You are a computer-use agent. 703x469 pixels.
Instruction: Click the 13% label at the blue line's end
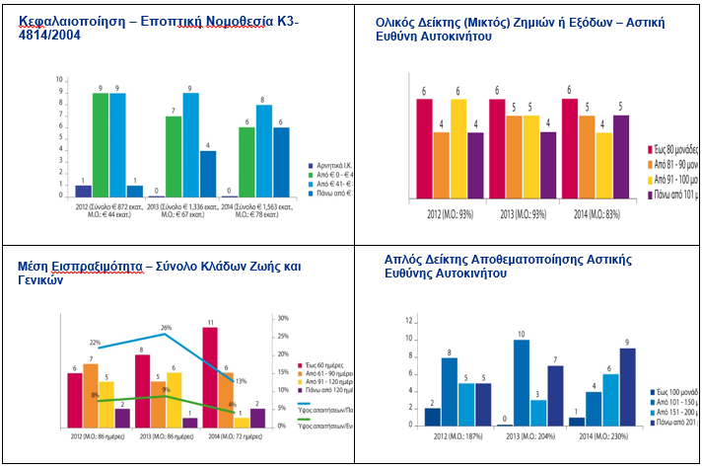click(x=241, y=381)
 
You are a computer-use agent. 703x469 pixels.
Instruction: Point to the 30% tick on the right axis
click(x=283, y=319)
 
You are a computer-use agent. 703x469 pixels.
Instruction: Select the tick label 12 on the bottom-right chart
click(x=409, y=321)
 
